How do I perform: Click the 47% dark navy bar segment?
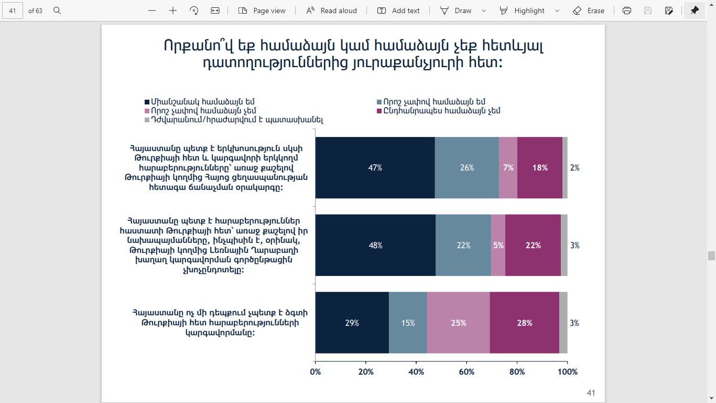point(375,168)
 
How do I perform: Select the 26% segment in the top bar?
point(467,168)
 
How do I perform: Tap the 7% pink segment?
point(508,168)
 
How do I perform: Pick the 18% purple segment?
point(539,168)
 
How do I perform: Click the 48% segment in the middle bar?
point(375,245)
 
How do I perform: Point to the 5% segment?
point(498,245)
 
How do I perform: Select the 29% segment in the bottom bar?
point(352,323)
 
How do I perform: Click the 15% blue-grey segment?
point(408,323)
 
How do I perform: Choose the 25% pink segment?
point(458,323)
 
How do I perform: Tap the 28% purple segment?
point(524,323)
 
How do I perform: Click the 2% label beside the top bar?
point(574,168)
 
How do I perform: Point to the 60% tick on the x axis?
point(467,372)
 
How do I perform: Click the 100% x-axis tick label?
point(567,372)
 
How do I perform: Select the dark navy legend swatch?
point(147,102)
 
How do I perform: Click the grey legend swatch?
point(147,120)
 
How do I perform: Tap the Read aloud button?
point(332,10)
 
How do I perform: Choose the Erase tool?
point(589,10)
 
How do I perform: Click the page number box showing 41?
point(13,10)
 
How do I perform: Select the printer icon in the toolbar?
point(627,10)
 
